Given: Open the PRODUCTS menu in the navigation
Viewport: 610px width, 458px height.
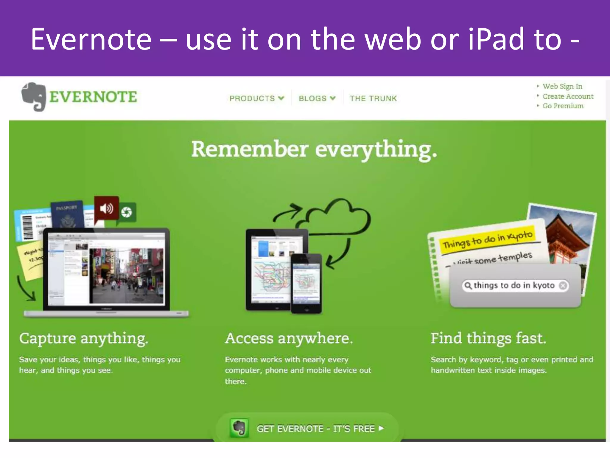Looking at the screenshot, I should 256,98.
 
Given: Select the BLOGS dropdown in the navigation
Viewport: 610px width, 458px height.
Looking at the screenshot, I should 317,98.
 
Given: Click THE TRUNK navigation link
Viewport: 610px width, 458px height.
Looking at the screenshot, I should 373,98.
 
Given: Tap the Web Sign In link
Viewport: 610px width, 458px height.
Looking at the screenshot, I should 562,86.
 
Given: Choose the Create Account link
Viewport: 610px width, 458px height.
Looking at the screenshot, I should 568,96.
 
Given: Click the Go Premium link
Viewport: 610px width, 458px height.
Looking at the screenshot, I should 563,106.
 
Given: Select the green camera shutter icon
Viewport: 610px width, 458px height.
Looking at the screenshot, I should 127,212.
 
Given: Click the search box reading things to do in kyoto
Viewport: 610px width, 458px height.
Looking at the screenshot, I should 514,285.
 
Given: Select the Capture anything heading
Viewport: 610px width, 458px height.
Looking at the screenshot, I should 84,338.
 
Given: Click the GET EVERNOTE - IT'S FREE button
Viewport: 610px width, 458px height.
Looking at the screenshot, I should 307,428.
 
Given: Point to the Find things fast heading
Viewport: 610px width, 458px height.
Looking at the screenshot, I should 488,338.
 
